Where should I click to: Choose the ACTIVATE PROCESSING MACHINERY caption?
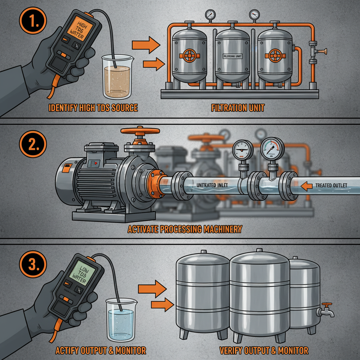click(x=185, y=229)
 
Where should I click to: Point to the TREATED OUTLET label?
click(x=331, y=185)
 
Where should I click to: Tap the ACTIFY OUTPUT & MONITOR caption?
click(x=101, y=350)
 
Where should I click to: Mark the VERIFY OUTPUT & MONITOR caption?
click(x=264, y=350)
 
